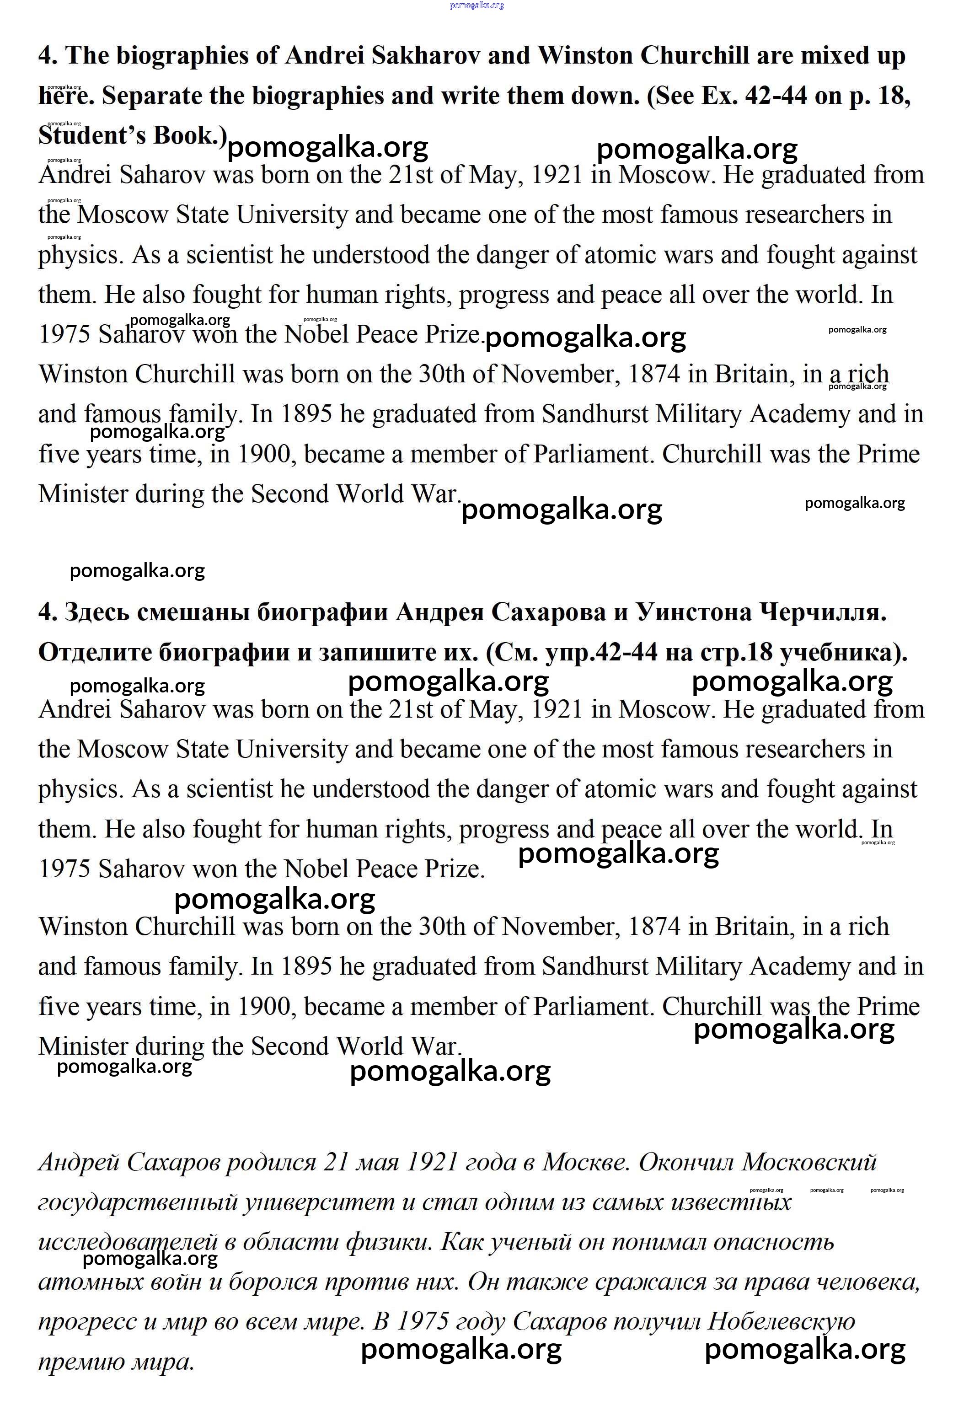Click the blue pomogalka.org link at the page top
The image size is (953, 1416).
tap(476, 5)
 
